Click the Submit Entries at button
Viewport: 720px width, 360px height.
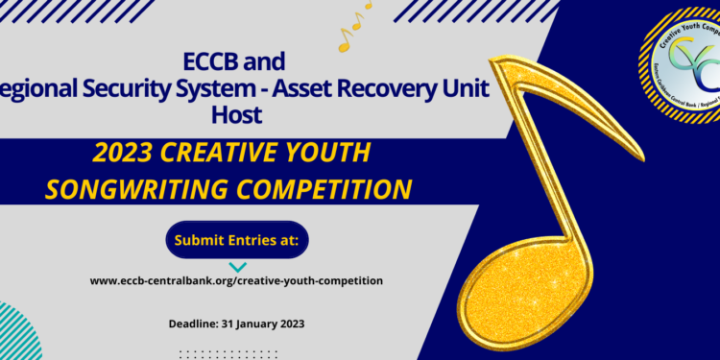pos(236,240)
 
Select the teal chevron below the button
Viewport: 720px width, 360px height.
pos(237,267)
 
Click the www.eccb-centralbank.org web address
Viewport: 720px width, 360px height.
pos(236,280)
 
